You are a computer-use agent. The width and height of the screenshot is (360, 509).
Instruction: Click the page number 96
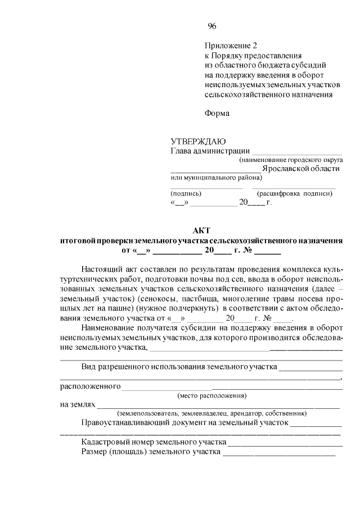tap(211, 26)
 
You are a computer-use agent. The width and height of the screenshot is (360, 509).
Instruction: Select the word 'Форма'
tap(217, 113)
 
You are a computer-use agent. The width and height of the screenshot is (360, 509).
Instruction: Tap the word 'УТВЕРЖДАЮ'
tap(198, 141)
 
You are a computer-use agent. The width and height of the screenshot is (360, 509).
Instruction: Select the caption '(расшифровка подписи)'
tap(295, 193)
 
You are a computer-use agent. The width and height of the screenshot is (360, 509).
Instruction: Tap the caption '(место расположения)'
tap(212, 395)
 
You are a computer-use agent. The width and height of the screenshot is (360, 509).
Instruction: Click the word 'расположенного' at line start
tap(91, 386)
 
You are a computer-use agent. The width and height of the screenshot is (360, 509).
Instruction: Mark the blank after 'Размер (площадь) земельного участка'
tap(279, 452)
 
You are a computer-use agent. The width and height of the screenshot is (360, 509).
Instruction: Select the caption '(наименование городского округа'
tap(290, 160)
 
